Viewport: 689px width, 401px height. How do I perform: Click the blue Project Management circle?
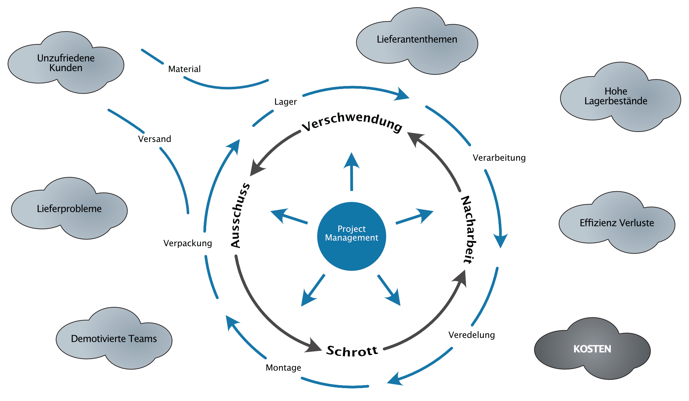(351, 236)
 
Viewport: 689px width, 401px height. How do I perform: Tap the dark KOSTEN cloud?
(592, 349)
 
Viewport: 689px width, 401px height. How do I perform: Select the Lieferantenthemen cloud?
(417, 40)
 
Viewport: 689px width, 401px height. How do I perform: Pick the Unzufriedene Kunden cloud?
(66, 63)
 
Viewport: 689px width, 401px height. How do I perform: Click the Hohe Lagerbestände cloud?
(616, 96)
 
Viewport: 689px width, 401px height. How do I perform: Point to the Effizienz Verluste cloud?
(616, 223)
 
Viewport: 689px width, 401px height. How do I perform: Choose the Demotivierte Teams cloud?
(114, 338)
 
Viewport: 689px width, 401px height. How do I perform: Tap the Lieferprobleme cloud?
(69, 208)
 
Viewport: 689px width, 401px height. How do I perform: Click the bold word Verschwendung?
(352, 121)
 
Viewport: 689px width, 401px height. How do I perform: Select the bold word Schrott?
(352, 351)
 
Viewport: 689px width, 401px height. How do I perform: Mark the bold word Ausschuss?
(240, 215)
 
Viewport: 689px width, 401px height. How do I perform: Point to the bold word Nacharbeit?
(469, 230)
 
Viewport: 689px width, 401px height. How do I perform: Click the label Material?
(184, 69)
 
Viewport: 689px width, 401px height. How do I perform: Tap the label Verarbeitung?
(499, 157)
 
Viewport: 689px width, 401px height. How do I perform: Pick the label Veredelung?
(471, 335)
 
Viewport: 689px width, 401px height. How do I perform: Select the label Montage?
(283, 368)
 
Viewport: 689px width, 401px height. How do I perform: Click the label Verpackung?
(188, 243)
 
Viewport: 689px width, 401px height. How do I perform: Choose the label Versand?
(154, 139)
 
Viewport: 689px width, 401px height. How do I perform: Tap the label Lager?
(285, 102)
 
